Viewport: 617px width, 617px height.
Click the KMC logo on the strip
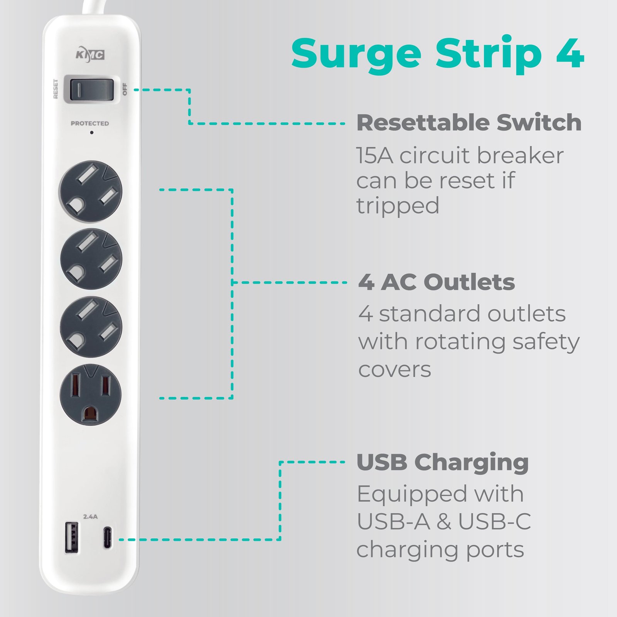coord(90,55)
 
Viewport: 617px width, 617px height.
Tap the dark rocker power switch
coord(92,89)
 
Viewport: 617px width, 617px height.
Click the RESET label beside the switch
coord(56,89)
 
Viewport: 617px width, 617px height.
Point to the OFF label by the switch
coord(125,89)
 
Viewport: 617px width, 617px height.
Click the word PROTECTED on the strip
coord(90,123)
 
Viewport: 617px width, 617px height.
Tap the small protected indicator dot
coord(91,133)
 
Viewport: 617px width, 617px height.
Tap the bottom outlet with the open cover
coord(91,395)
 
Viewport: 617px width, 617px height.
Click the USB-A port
coord(71,538)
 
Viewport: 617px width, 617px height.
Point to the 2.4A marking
coord(91,516)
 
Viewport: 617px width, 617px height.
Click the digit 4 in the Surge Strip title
coord(570,54)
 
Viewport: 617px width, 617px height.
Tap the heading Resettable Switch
coord(469,123)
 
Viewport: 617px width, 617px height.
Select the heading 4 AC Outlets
coord(437,282)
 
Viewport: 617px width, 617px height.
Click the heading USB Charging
coord(443,463)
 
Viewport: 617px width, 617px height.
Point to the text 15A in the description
coord(375,155)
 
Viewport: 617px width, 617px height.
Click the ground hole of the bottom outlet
coord(91,413)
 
